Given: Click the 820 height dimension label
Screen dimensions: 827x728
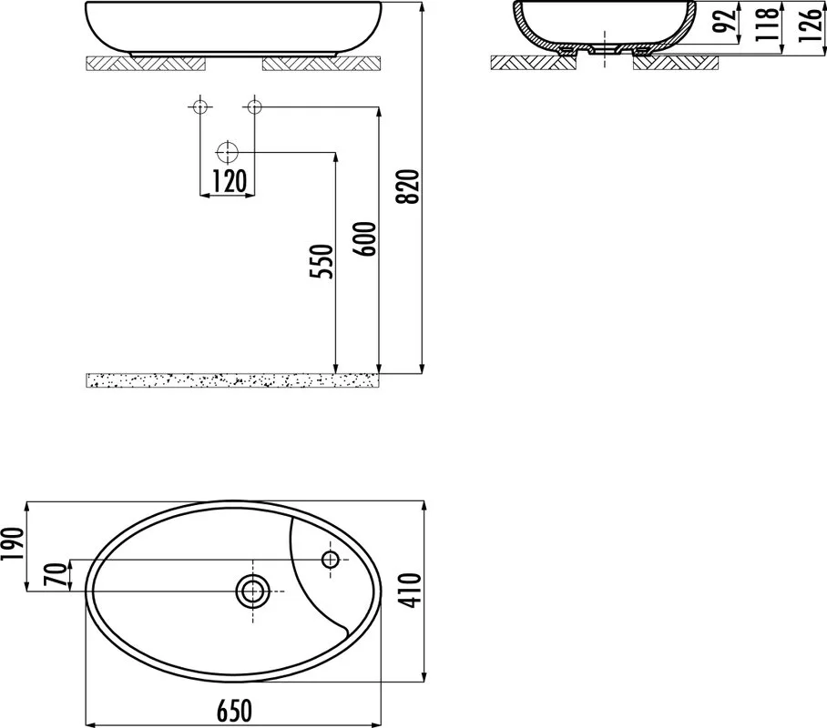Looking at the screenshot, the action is tap(409, 186).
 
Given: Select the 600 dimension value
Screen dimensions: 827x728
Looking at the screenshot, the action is tap(366, 238).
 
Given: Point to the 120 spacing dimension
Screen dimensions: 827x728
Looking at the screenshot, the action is tap(229, 181).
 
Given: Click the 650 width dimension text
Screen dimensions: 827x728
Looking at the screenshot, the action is tap(234, 711).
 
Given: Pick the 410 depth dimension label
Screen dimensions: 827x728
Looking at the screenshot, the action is tap(412, 590).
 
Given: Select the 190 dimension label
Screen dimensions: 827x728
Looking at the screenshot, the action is tap(13, 544).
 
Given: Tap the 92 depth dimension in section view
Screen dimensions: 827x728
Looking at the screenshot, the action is tap(726, 21).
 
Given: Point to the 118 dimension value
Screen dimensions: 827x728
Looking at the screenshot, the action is tap(768, 23).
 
